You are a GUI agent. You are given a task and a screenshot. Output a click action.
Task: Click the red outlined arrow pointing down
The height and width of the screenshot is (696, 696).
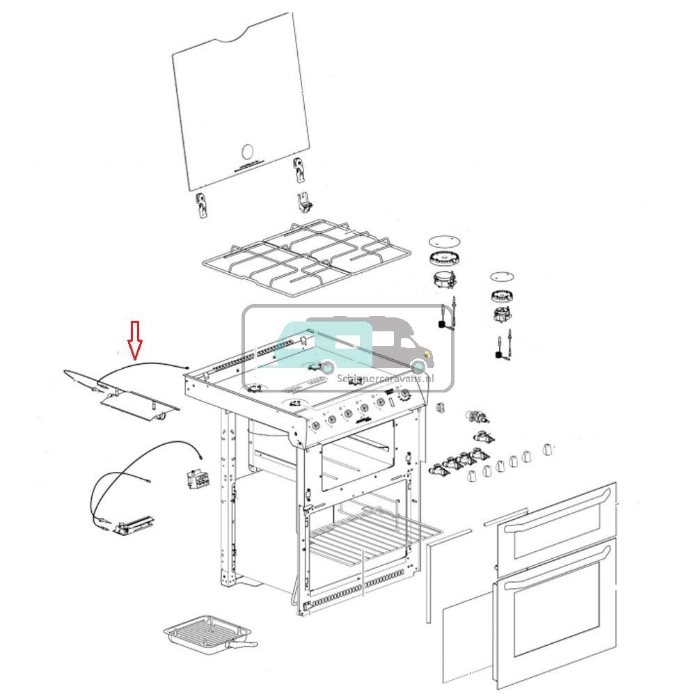coord(135,340)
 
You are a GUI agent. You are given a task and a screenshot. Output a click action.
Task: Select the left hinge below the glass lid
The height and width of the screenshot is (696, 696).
coord(202,206)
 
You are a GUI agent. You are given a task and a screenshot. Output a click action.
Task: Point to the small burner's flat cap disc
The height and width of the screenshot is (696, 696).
coord(500,276)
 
